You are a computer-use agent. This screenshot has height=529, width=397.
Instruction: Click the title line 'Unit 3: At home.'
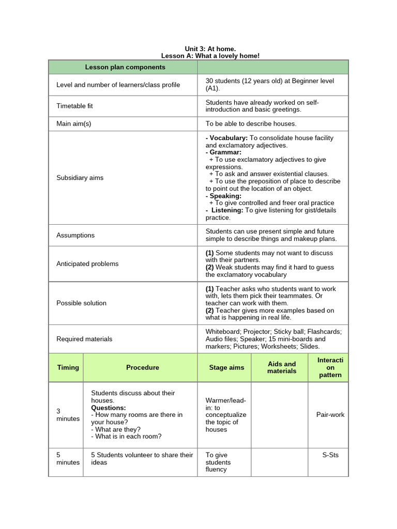(x=210, y=49)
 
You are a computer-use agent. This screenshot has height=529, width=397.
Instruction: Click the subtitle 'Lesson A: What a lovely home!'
(x=210, y=56)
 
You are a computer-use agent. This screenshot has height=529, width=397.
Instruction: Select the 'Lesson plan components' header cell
(x=125, y=67)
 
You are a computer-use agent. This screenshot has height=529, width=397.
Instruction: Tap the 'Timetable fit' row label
(x=74, y=106)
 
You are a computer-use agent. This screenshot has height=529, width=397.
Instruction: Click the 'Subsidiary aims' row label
(x=80, y=178)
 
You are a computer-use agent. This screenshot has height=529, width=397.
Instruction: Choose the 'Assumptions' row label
(x=75, y=235)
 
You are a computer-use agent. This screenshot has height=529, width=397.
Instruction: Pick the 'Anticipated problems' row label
(x=87, y=263)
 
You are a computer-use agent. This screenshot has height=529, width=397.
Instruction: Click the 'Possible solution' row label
(x=81, y=303)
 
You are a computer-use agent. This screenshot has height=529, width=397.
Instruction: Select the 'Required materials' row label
(x=84, y=339)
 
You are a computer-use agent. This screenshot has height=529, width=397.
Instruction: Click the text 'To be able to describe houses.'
(x=251, y=124)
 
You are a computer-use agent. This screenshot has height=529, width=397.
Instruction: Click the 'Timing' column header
(x=68, y=367)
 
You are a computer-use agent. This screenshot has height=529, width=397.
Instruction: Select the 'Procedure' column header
(x=143, y=367)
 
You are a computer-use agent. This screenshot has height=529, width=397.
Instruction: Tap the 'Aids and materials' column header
(x=282, y=367)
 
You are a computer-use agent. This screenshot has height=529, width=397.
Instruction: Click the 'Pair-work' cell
(x=330, y=414)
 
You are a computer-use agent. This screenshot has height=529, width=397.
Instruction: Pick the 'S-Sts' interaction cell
(x=330, y=455)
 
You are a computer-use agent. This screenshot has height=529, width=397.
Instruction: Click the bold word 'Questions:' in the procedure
(x=109, y=408)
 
